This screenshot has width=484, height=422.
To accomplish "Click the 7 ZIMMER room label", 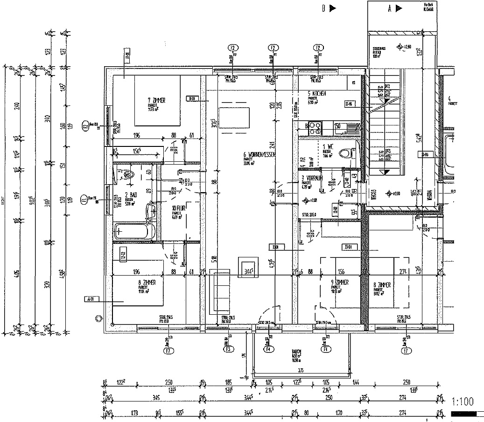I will coord(157,100).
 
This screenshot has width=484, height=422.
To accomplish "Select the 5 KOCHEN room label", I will coord(316,94).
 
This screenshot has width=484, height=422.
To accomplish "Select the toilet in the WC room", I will coord(345,153).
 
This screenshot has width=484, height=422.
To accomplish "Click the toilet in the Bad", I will coord(130,174).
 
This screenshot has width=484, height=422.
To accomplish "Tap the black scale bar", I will coord(463,414).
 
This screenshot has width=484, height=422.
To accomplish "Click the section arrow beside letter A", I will coord(399,8).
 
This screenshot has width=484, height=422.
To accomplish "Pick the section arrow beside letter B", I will coord(332,8).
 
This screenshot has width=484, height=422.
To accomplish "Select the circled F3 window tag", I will coord(228,349).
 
